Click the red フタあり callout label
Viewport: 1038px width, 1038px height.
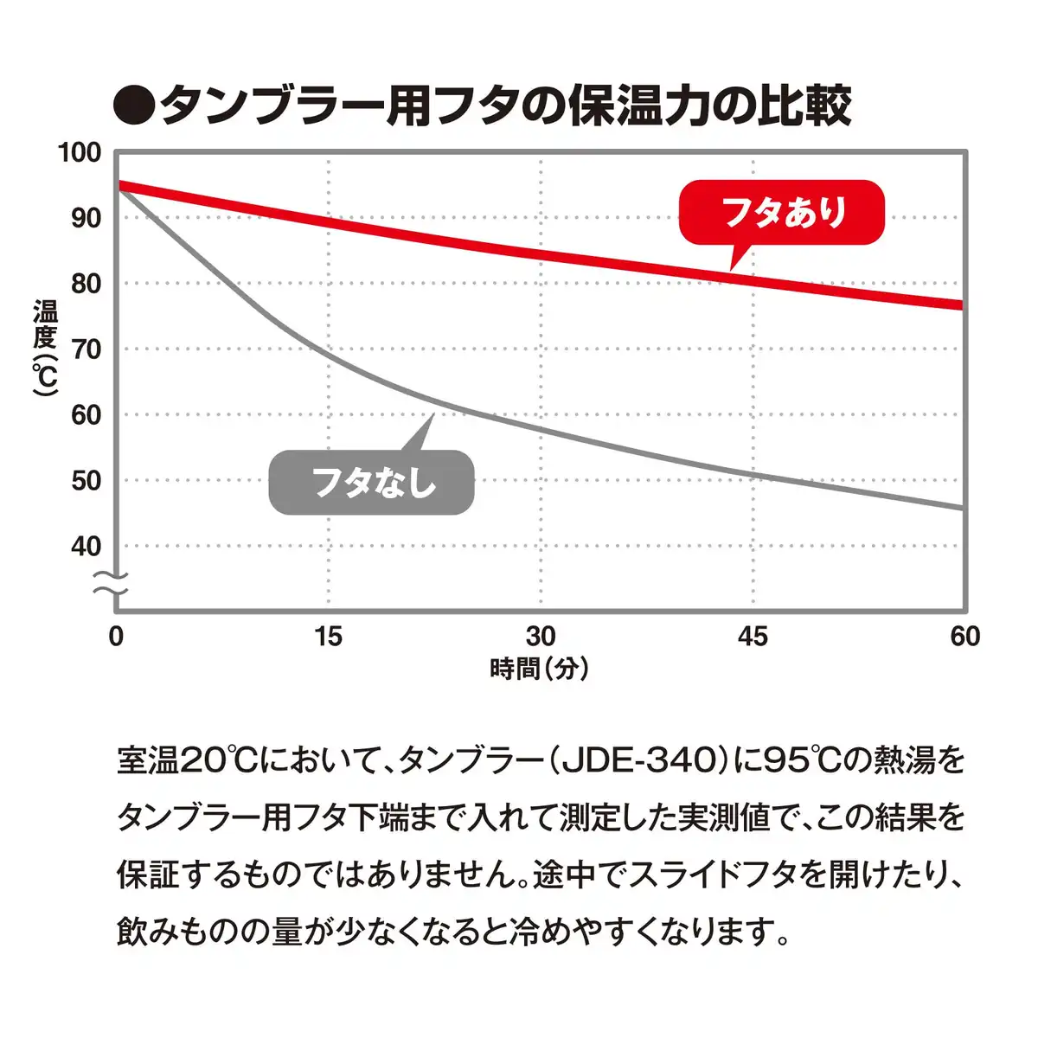pos(782,212)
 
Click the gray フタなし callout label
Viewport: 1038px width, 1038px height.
pos(372,482)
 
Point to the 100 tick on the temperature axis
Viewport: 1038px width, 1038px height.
pos(80,153)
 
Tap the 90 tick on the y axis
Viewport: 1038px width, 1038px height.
pos(86,218)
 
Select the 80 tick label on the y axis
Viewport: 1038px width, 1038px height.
pos(86,284)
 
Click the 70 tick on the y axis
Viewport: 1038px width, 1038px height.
pos(86,349)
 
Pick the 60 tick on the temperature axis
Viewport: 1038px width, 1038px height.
pos(86,415)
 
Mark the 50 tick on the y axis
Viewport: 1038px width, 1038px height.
pos(86,481)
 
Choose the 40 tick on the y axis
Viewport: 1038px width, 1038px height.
pos(86,547)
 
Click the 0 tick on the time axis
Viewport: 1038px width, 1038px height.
pos(116,637)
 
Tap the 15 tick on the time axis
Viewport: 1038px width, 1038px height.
pos(328,637)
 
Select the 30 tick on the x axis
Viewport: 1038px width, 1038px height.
pos(541,637)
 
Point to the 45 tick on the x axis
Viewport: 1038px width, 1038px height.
pos(753,637)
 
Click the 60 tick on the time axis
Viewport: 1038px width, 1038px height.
pos(964,637)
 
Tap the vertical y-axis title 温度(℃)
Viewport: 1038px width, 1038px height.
pos(45,348)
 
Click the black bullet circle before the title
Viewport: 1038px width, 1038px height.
pos(134,106)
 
